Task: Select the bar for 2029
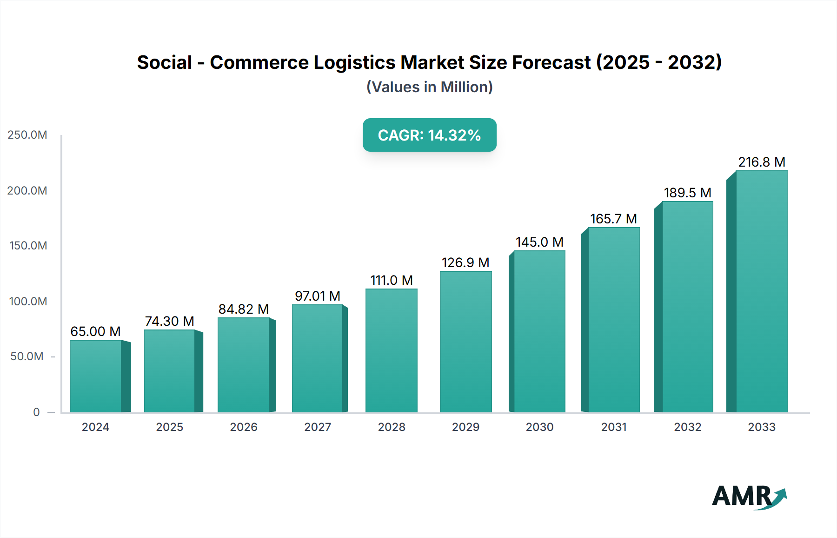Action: point(465,342)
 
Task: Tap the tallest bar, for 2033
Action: point(761,291)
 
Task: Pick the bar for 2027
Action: point(318,358)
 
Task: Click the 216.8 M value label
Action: point(762,162)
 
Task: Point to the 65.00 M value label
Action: point(95,331)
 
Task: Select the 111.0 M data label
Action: point(392,280)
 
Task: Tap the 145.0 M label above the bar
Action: point(539,242)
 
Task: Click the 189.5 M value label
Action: point(687,193)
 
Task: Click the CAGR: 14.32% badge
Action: point(429,135)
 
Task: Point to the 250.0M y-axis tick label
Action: point(27,135)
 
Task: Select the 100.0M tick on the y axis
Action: point(28,301)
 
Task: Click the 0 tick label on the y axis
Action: point(36,412)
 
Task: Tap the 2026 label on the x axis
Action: point(244,427)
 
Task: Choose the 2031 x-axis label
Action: point(614,427)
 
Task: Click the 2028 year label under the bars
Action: point(392,427)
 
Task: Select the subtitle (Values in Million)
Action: point(429,87)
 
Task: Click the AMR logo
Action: point(749,497)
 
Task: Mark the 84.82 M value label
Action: point(244,309)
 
